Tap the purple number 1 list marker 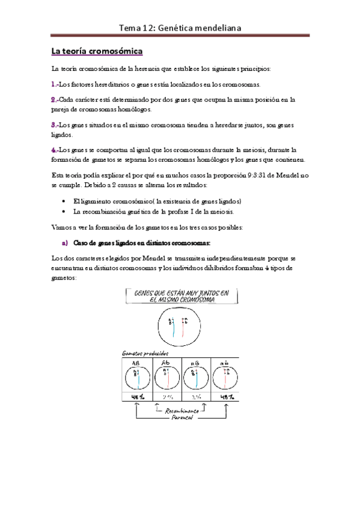[55, 85]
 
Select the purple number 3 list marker [55, 124]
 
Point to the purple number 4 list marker [55, 149]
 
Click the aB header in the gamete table [196, 362]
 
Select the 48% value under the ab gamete [227, 398]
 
